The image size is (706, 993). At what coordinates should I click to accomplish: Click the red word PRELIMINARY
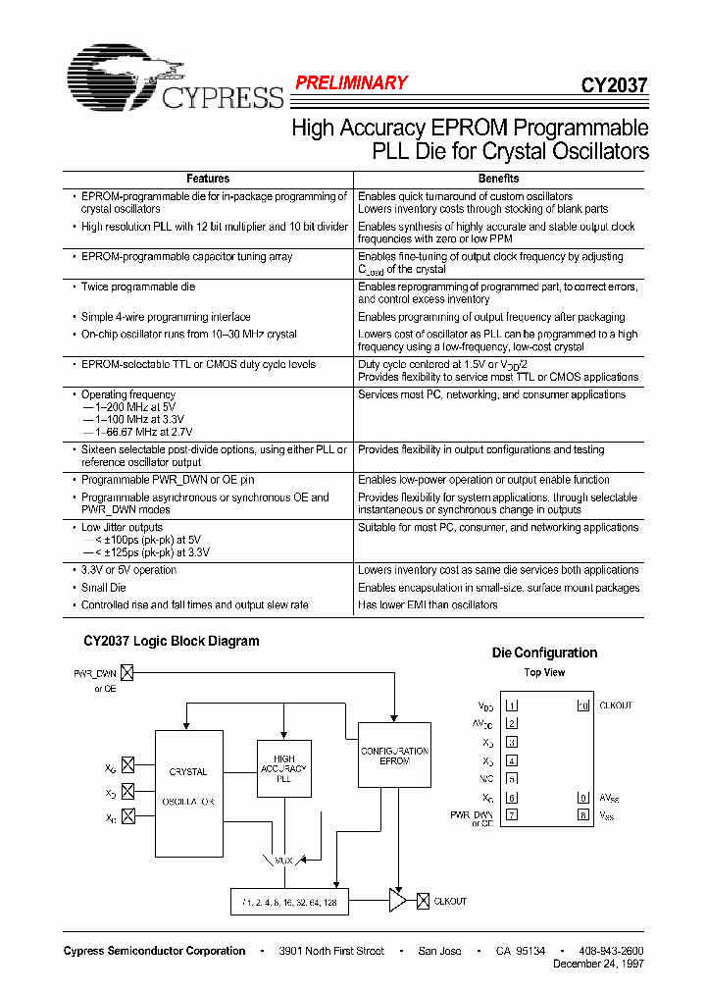click(x=351, y=83)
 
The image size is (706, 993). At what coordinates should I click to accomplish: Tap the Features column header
click(x=208, y=179)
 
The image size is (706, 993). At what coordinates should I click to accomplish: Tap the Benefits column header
click(x=498, y=179)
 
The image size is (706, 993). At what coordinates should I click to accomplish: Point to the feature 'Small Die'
click(x=104, y=588)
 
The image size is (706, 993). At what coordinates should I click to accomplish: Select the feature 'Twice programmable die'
click(x=138, y=287)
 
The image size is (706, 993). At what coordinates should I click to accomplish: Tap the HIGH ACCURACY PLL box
click(x=283, y=768)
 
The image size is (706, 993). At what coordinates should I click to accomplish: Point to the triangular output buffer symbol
click(x=397, y=901)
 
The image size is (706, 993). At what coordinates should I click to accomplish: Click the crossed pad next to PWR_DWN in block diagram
click(x=126, y=673)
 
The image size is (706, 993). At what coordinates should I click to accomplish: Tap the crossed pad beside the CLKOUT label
click(x=424, y=901)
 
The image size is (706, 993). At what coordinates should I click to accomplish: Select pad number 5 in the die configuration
click(x=512, y=779)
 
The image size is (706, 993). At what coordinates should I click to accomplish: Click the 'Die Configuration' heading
click(x=544, y=653)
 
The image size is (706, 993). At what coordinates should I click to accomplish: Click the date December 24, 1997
click(x=599, y=965)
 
